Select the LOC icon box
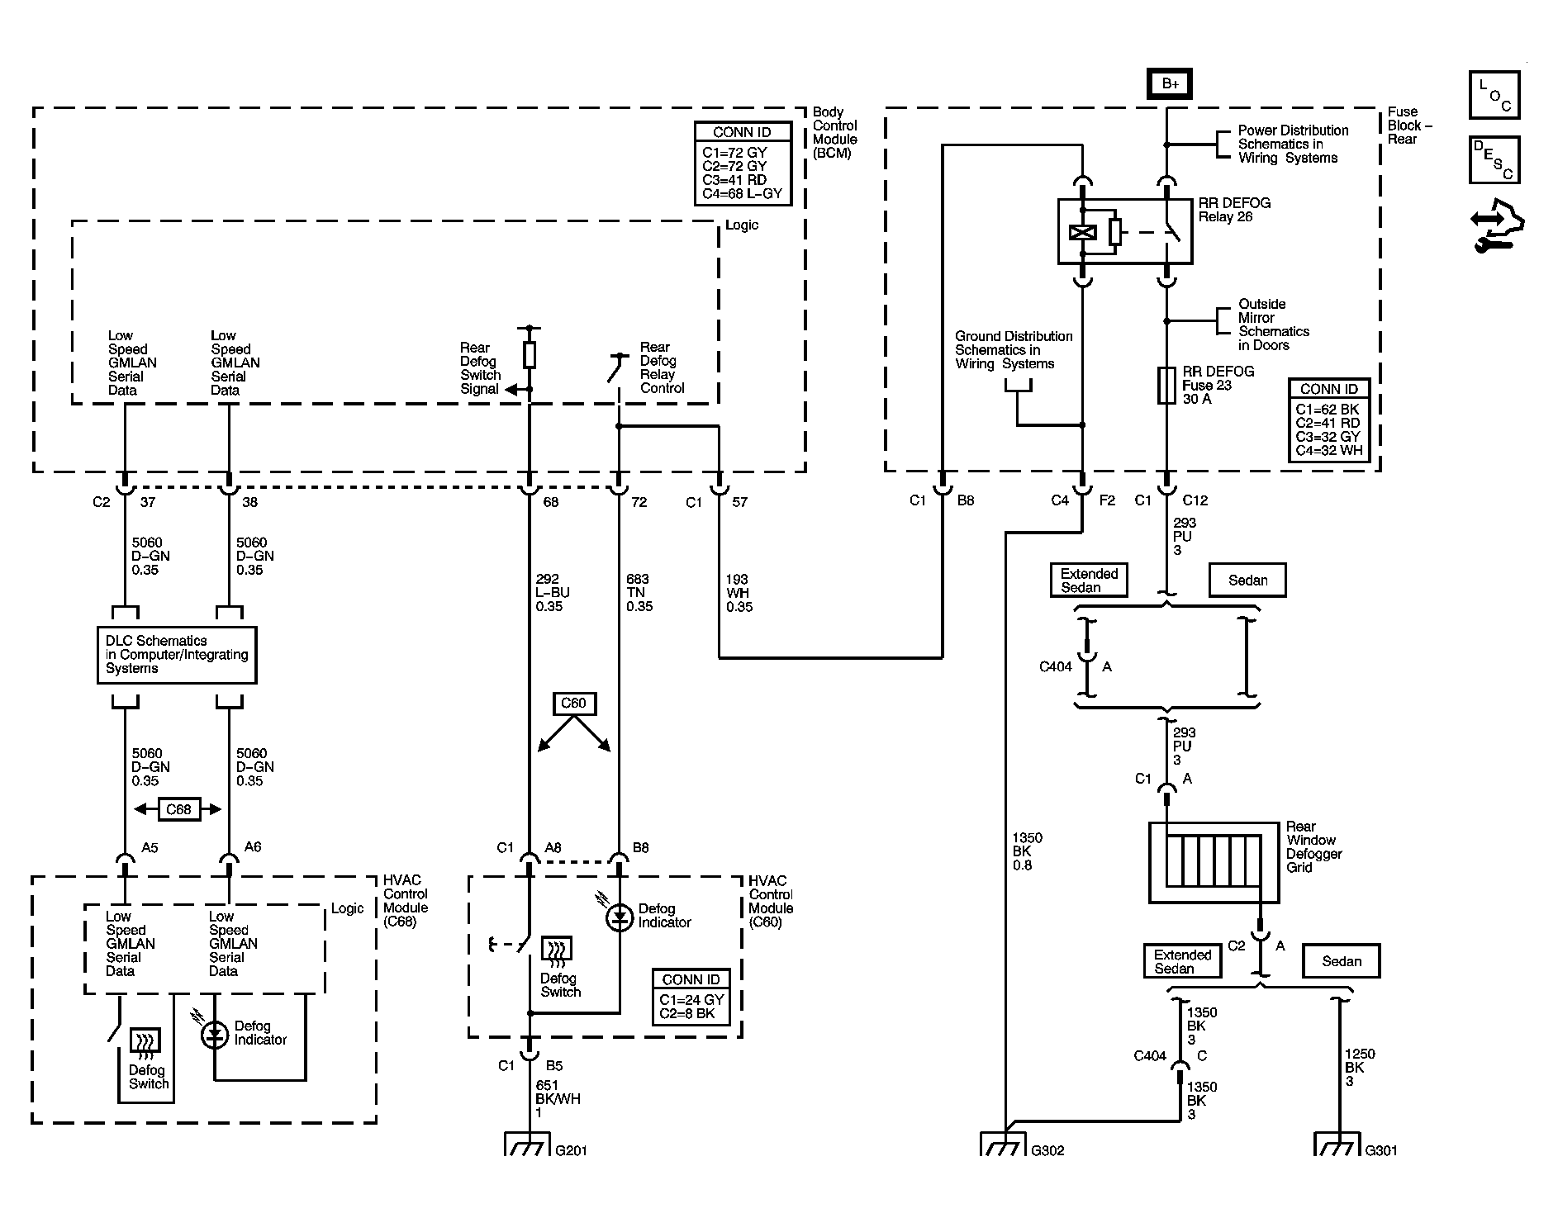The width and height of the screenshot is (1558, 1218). (1494, 95)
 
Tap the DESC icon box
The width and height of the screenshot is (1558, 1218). (1494, 160)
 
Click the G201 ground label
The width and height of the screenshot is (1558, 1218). (572, 1150)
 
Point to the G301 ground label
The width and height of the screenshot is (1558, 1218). (1381, 1150)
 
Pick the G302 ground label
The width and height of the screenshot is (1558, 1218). (1047, 1150)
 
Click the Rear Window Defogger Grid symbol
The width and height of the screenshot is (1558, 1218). (1214, 862)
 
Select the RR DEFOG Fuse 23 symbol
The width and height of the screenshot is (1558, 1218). (1166, 386)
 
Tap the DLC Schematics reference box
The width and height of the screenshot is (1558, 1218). (177, 655)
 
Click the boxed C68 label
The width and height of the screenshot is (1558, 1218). (178, 809)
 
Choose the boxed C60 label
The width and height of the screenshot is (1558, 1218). (573, 704)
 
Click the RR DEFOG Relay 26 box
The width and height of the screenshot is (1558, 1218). (1125, 231)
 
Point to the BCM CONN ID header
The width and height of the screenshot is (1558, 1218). (742, 132)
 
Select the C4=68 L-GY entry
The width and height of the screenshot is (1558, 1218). (742, 195)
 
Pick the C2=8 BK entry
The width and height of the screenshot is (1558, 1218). (687, 1013)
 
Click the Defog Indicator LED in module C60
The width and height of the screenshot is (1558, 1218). (620, 917)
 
